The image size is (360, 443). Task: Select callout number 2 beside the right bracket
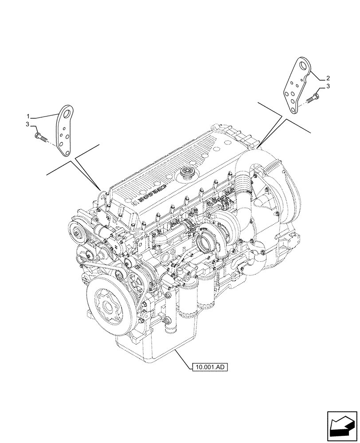328,78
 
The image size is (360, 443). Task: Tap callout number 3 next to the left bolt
27,124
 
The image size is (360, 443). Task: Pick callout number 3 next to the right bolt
328,87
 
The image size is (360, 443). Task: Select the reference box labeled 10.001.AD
210,367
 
